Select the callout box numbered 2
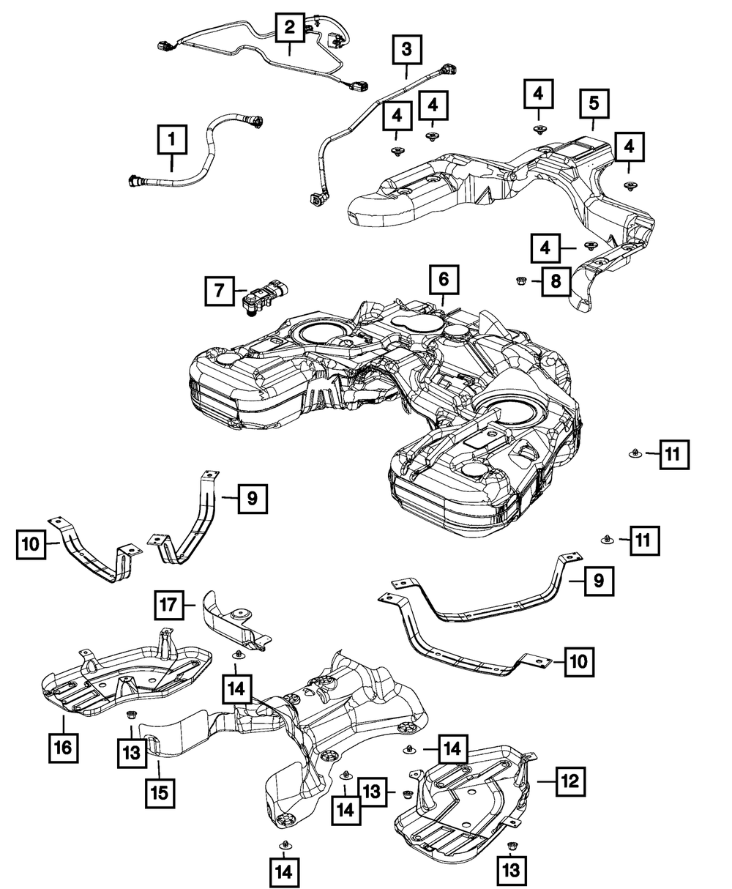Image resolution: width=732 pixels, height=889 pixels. pos(290,29)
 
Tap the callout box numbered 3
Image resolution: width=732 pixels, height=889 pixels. pos(406,51)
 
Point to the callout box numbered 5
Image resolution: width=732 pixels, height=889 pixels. pos(593,104)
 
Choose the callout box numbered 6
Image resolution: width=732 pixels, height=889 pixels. pos(444,280)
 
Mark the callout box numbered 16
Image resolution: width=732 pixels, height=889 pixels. pos(63,747)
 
